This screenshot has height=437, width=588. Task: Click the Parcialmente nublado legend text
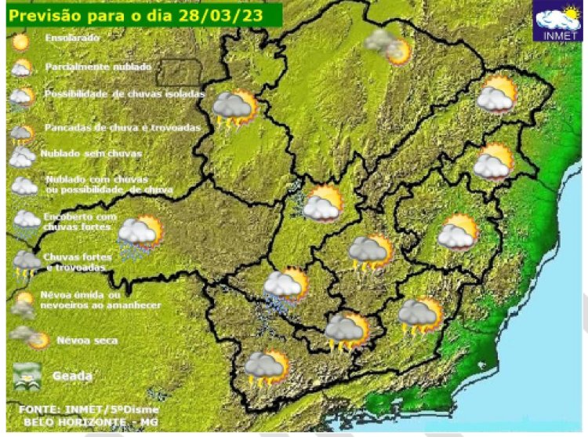pyautogui.click(x=98, y=67)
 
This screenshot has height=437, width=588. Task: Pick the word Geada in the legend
pyautogui.click(x=72, y=377)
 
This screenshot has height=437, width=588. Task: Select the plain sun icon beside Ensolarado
pyautogui.click(x=21, y=39)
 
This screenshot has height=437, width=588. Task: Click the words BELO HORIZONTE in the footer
pyautogui.click(x=63, y=421)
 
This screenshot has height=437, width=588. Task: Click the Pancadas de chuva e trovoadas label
pyautogui.click(x=122, y=126)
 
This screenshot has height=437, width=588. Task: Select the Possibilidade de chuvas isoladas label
pyautogui.click(x=125, y=94)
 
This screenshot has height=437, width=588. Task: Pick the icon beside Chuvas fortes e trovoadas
pyautogui.click(x=26, y=263)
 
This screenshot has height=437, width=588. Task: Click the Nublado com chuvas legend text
pyautogui.click(x=108, y=184)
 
